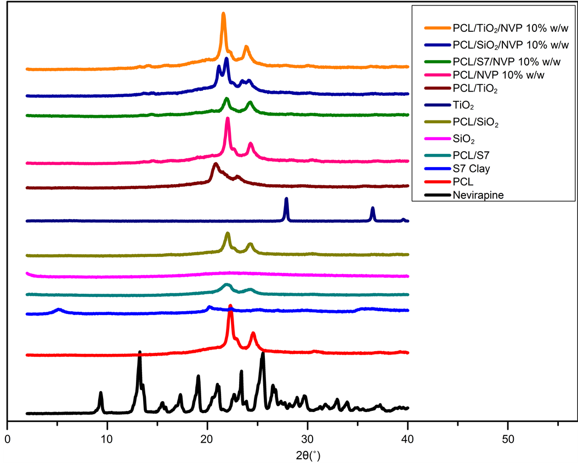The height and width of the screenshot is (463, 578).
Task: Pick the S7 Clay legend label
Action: [x=471, y=169]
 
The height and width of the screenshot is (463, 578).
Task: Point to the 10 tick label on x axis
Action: [x=107, y=439]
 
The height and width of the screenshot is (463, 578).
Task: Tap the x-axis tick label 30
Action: [x=308, y=439]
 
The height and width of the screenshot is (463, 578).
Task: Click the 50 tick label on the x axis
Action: [x=508, y=439]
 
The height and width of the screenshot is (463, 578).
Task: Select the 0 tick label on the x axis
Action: [x=7, y=439]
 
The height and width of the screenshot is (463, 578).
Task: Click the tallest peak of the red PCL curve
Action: [x=230, y=306]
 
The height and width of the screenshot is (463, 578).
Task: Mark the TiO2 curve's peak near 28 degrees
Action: [x=286, y=199]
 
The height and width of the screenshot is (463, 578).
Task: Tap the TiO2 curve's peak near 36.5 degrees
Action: [x=373, y=208]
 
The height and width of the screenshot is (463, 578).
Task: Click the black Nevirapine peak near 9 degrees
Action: [x=100, y=393]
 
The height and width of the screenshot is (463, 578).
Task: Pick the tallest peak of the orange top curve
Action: [x=223, y=14]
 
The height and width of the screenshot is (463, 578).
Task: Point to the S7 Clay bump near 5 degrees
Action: [x=59, y=310]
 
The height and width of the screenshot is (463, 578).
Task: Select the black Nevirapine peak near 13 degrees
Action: [x=139, y=352]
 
